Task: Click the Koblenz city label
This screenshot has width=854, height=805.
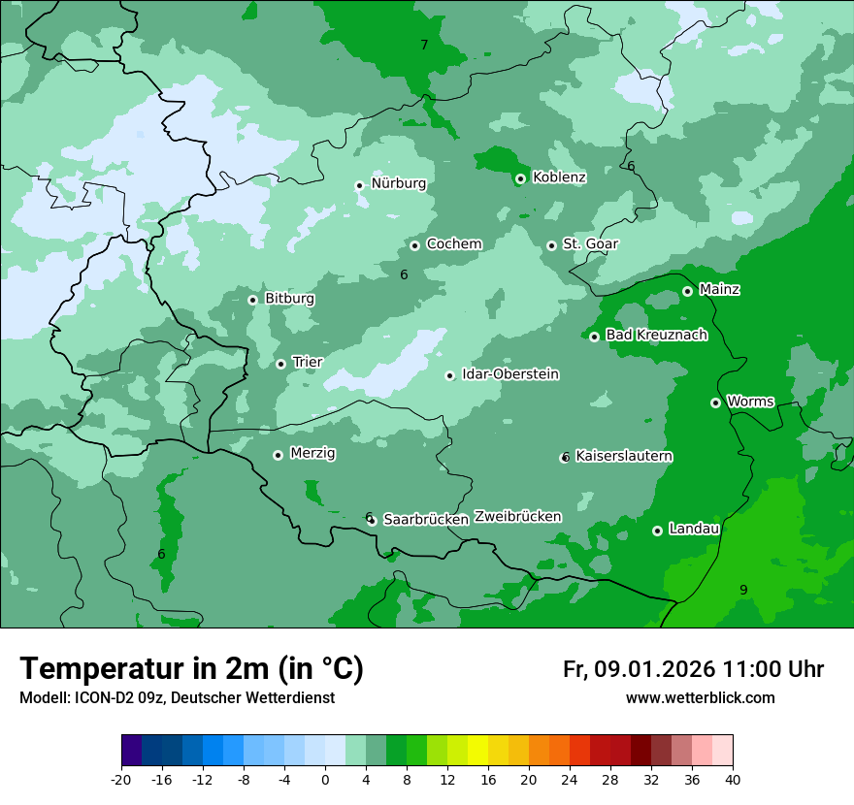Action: [559, 177]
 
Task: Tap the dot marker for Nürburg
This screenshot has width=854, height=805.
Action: [359, 185]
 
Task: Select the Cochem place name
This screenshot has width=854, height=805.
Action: [453, 244]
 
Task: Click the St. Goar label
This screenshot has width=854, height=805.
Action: [590, 244]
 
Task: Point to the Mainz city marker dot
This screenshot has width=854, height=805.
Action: [687, 291]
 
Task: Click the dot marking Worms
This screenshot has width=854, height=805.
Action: [715, 402]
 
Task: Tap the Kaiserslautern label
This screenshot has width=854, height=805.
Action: [623, 457]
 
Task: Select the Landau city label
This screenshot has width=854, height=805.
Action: [694, 530]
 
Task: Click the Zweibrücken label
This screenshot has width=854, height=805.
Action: [517, 517]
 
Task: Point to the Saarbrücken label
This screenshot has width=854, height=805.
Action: [426, 520]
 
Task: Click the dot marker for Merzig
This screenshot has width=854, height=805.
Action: [278, 455]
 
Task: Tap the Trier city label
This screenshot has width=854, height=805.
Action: [307, 363]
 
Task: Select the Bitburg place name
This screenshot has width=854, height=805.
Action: [289, 299]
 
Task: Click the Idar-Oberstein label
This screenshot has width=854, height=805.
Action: [509, 374]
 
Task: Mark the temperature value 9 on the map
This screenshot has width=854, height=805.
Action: [743, 590]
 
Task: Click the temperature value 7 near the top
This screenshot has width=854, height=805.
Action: [424, 46]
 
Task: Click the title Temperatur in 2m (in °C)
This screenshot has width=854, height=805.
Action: [191, 669]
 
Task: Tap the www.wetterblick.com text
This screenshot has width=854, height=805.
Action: [700, 698]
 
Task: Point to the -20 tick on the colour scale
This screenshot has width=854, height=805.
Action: [121, 780]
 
